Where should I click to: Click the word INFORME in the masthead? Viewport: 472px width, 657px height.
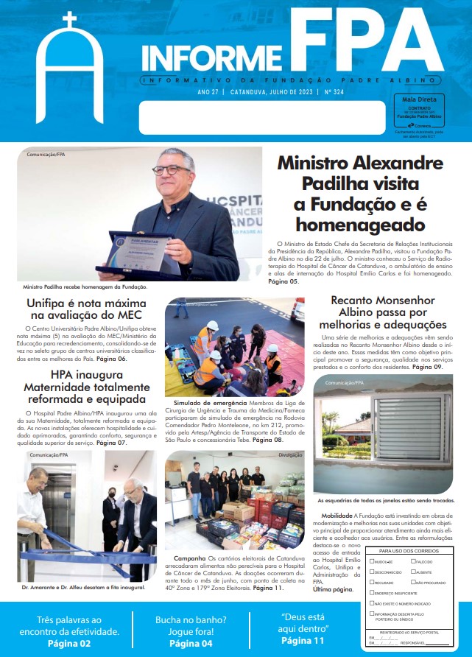click(x=208, y=55)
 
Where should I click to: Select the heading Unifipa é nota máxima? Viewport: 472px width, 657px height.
click(x=86, y=304)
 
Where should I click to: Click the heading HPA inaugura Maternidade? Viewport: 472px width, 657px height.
click(x=86, y=387)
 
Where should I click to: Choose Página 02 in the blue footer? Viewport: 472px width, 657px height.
click(x=69, y=643)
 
